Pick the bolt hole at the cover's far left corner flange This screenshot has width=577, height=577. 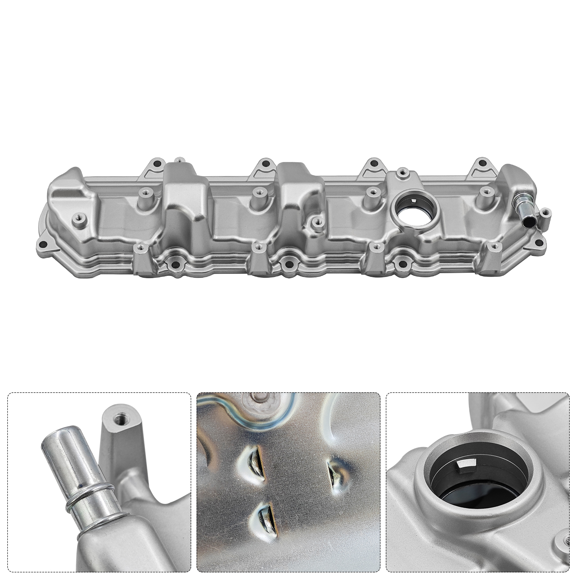pos(43,244)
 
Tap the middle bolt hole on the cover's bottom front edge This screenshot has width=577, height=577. pos(287,264)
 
